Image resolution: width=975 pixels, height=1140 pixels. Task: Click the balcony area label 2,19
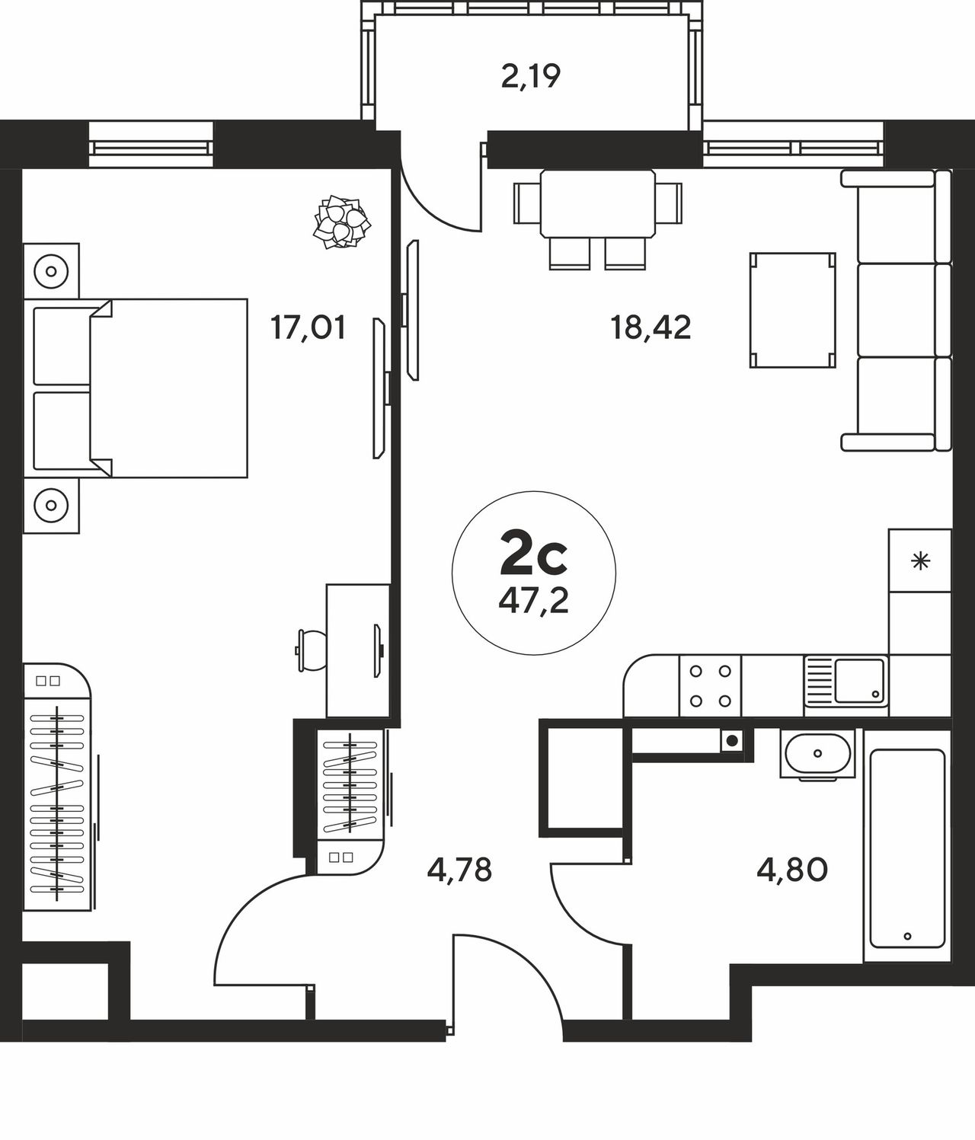point(531,77)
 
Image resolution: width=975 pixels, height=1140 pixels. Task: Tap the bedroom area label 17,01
point(308,327)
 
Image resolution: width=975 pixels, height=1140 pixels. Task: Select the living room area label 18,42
point(651,327)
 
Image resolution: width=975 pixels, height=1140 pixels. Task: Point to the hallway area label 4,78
point(459,870)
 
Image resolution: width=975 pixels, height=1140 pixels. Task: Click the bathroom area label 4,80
point(792,870)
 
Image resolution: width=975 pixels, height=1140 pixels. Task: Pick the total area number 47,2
point(533,601)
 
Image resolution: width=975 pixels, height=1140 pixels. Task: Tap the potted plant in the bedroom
point(341,221)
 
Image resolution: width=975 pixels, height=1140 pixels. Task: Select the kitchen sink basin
point(859,681)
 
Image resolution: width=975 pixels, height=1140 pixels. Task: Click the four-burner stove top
point(710,686)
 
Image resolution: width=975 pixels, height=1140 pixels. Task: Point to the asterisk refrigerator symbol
point(920,562)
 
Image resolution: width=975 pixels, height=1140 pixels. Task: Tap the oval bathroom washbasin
point(818,754)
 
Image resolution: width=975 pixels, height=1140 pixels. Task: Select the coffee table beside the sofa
point(792,310)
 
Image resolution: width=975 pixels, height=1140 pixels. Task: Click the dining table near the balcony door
point(598,203)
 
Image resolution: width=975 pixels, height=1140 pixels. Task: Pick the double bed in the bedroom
point(136,388)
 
